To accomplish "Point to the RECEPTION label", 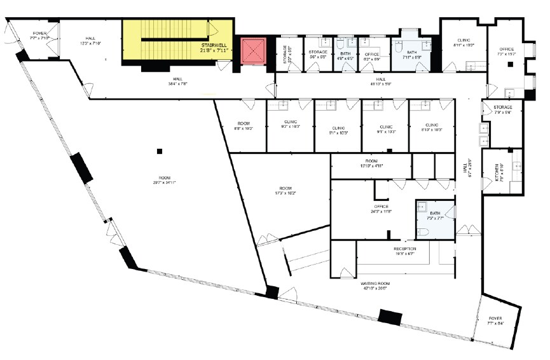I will click(404, 248).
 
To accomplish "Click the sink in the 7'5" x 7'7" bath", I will click(422, 205).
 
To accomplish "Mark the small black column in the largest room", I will click(159, 151).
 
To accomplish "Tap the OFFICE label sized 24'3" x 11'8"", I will click(381, 207).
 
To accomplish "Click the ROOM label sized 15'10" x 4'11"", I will click(371, 161).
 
